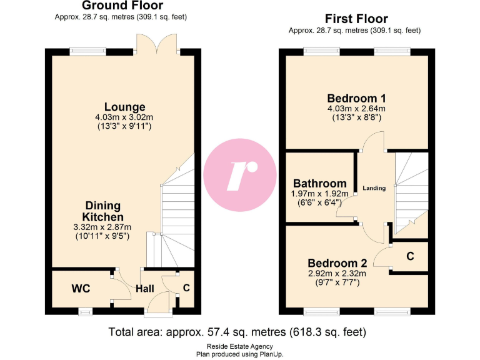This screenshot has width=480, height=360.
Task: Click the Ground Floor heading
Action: pos(122,6)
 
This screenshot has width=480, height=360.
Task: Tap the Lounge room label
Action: pos(124,107)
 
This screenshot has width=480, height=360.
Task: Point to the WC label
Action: pos(81,289)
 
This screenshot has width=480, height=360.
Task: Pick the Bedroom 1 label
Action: pos(356,98)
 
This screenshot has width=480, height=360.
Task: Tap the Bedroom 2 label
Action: pos(336,263)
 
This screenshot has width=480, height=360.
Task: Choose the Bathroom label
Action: pos(319,184)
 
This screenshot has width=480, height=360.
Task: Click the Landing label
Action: pos(374,188)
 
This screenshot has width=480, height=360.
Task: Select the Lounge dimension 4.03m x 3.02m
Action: pos(124,117)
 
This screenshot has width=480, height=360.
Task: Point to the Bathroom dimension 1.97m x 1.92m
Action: pos(319,194)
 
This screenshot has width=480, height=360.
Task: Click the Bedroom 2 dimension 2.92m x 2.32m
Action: pos(336,273)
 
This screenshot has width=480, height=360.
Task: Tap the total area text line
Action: pos(237,331)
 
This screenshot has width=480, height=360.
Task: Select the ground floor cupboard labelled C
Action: pos(186,288)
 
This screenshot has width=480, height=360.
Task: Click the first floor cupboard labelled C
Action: pos(410,256)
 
